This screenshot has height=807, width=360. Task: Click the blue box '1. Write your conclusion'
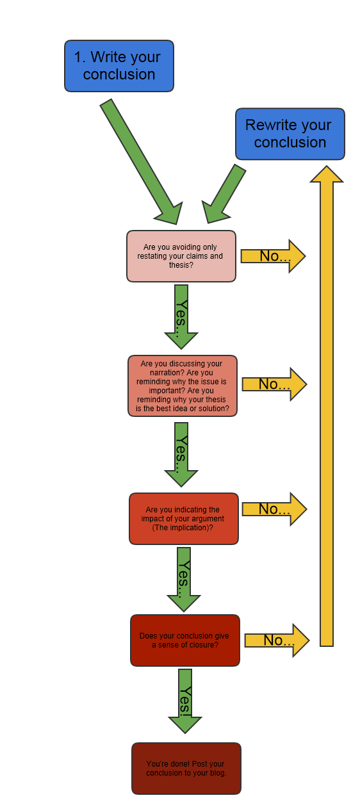(x=119, y=66)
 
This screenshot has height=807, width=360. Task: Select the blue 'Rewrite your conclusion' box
(x=290, y=134)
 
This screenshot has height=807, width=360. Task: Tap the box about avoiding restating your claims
(x=181, y=256)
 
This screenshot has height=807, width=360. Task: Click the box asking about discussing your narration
(x=183, y=386)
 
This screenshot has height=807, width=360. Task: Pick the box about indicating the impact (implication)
(x=184, y=519)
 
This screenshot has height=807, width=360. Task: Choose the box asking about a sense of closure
(x=184, y=640)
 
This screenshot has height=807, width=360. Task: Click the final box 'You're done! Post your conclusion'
(x=186, y=769)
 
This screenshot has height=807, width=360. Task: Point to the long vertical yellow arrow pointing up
(x=327, y=410)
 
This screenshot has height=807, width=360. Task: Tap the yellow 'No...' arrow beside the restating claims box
(x=273, y=256)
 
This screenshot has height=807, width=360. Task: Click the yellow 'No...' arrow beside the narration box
(x=274, y=384)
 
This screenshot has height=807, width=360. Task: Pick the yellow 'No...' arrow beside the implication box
(x=274, y=509)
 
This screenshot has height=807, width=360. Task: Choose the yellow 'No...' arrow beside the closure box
(x=277, y=640)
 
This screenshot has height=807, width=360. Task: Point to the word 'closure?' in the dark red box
(x=204, y=645)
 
